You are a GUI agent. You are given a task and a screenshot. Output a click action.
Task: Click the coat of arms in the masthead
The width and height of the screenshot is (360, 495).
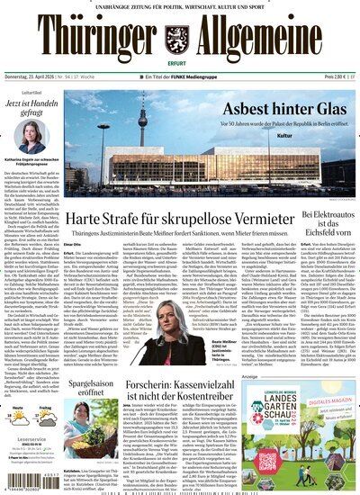pos(181,35)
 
